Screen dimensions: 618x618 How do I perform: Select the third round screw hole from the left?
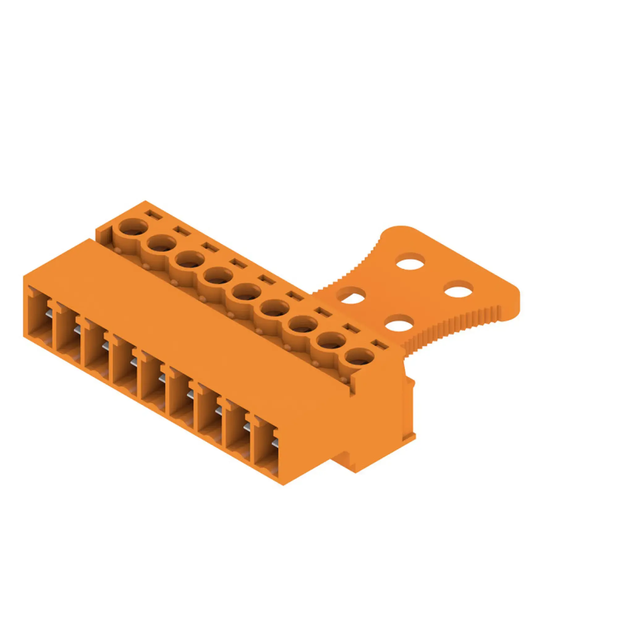point(190,260)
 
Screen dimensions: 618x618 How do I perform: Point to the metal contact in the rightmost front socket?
point(274,443)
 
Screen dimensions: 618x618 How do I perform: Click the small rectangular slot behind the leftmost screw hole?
point(153,214)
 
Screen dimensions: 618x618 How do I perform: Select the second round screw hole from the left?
point(161,243)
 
